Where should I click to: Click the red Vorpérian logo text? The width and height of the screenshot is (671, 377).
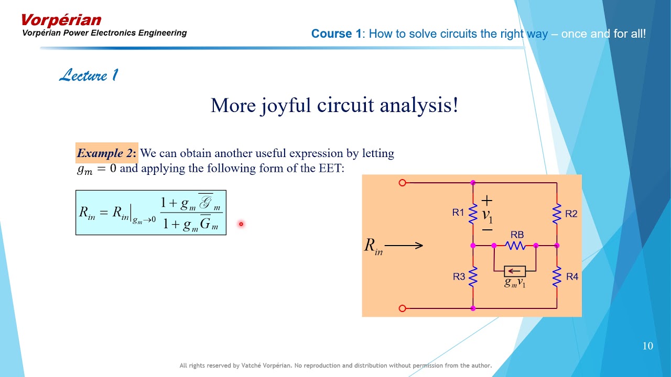[61, 20]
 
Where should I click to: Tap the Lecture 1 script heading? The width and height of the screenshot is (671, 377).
[89, 75]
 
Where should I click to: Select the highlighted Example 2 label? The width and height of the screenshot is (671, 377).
[106, 153]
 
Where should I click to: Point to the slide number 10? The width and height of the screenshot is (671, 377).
[648, 346]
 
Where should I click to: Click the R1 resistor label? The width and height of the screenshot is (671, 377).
[458, 213]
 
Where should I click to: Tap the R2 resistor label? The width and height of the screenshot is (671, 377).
[571, 214]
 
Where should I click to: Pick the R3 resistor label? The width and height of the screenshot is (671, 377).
[459, 276]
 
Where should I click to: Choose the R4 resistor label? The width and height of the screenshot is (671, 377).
[572, 276]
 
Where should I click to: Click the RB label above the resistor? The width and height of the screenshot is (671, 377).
[517, 235]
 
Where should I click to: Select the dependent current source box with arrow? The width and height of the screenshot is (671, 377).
[515, 271]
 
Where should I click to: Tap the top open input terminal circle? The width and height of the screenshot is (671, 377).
[403, 183]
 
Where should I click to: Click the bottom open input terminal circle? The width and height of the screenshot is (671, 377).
[403, 308]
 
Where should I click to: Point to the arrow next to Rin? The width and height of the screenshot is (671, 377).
[404, 245]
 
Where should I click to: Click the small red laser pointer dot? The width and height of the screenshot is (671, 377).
[241, 224]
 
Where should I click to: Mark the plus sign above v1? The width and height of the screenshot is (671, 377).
[487, 200]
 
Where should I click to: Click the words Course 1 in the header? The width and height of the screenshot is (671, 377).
[336, 34]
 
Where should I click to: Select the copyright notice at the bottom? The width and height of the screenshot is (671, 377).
[335, 365]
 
